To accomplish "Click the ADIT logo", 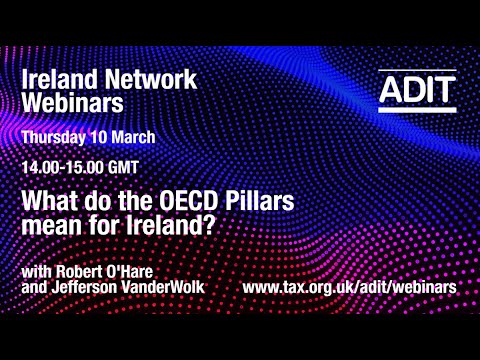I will [417, 91].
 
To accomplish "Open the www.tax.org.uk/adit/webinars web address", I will [350, 287].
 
